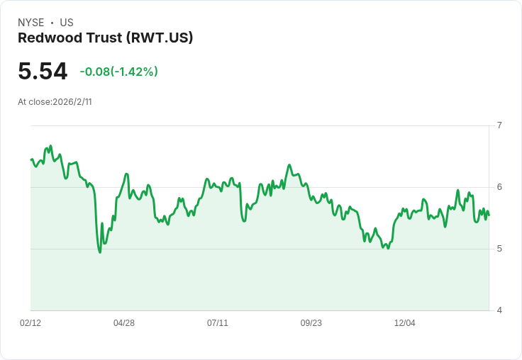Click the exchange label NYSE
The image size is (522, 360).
[31, 23]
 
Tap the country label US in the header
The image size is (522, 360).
[67, 23]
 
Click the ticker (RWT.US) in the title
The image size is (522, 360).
[160, 38]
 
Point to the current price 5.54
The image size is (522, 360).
[43, 72]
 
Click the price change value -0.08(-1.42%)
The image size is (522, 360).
[119, 72]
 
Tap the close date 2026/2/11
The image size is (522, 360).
[72, 102]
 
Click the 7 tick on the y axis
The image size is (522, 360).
[499, 125]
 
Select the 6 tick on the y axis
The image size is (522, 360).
[499, 187]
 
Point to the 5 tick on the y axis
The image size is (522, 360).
[499, 249]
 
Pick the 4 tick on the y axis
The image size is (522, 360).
[499, 310]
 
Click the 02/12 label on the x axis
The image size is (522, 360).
[30, 323]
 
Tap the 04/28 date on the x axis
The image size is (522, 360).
[124, 323]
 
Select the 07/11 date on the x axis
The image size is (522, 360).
[218, 323]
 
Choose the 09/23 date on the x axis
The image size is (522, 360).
[311, 323]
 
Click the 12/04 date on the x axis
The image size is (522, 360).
[405, 323]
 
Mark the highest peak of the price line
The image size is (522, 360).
[50, 146]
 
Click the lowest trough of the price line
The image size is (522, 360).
[100, 252]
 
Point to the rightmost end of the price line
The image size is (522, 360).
[489, 215]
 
